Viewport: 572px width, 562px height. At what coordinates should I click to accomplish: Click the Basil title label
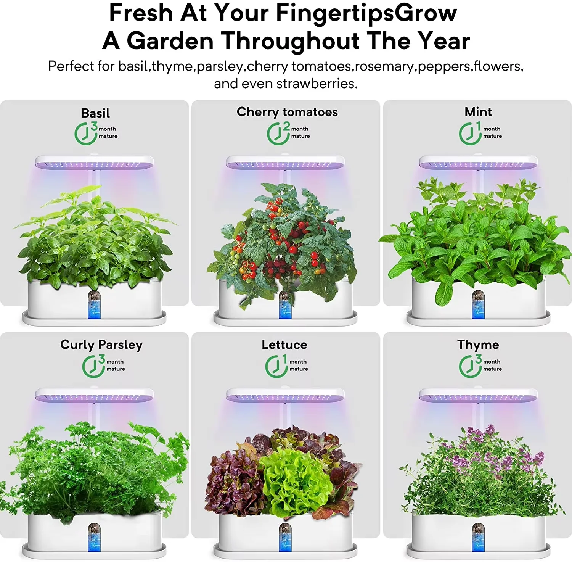tap(95, 113)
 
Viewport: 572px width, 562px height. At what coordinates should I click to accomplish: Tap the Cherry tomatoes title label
tap(287, 112)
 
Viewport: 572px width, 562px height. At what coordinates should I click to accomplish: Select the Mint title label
tap(478, 112)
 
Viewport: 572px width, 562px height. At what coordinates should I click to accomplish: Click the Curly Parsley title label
tap(101, 345)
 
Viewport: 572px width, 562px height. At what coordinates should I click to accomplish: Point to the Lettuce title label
tap(284, 345)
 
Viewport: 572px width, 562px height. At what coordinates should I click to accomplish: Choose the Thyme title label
tap(478, 345)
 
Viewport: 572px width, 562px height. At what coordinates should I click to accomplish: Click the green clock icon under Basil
tap(85, 134)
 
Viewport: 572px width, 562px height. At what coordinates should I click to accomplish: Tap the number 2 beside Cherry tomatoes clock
tap(286, 126)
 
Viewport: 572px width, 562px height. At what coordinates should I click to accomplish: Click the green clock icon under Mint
tap(469, 134)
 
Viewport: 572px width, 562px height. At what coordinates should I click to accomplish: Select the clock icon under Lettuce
tap(276, 367)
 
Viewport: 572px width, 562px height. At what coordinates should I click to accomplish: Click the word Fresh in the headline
tap(141, 13)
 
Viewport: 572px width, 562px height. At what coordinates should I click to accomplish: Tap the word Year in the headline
tap(443, 41)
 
